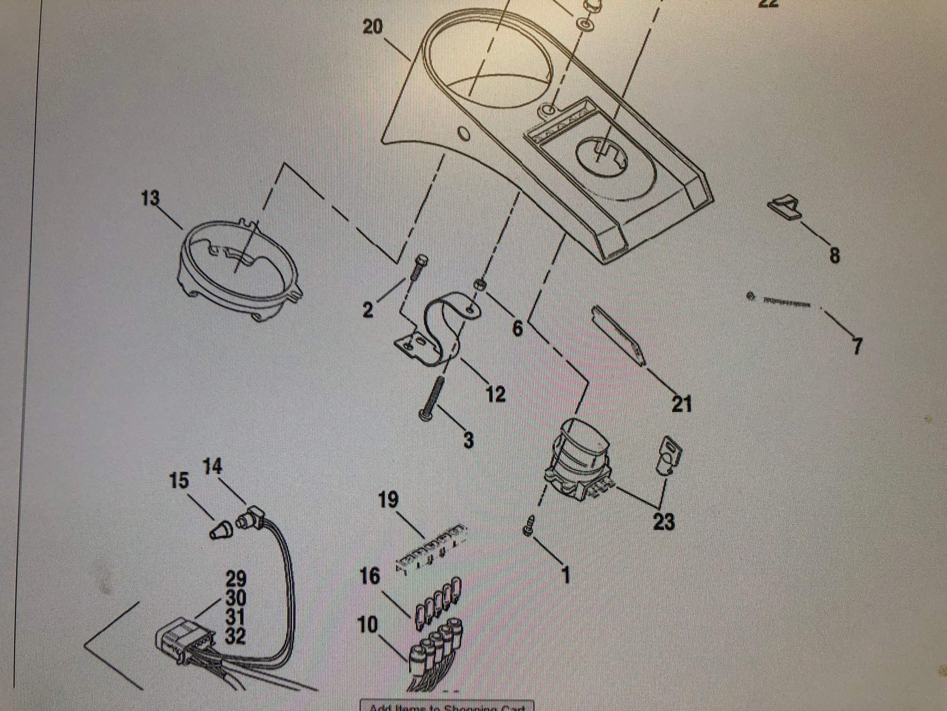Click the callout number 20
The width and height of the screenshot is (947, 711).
[x=372, y=27]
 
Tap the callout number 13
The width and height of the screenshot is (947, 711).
[x=150, y=198]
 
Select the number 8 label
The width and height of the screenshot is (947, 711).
[x=834, y=255]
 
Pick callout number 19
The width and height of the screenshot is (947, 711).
[x=389, y=501]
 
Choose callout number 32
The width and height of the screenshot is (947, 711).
[x=235, y=636]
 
